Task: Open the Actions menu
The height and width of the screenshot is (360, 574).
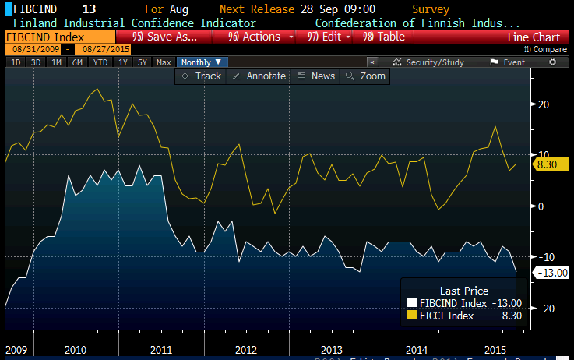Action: pyautogui.click(x=259, y=37)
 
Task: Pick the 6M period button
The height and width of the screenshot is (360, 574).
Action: pyautogui.click(x=77, y=62)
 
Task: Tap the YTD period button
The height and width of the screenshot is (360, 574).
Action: pyautogui.click(x=100, y=62)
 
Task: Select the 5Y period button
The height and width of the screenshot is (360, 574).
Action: pyautogui.click(x=142, y=62)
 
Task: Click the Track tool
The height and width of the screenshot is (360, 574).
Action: pyautogui.click(x=201, y=76)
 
